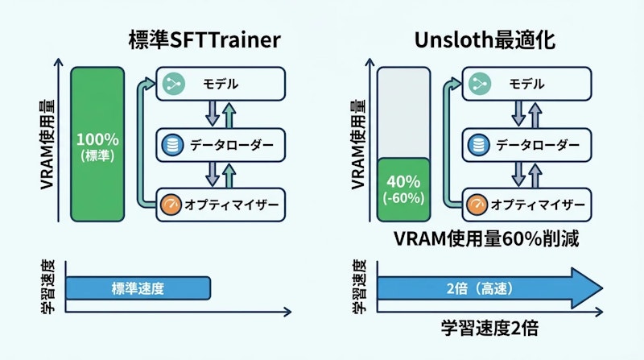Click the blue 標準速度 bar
[138, 288]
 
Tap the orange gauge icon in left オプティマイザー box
[171, 205]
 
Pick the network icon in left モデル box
[171, 85]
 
